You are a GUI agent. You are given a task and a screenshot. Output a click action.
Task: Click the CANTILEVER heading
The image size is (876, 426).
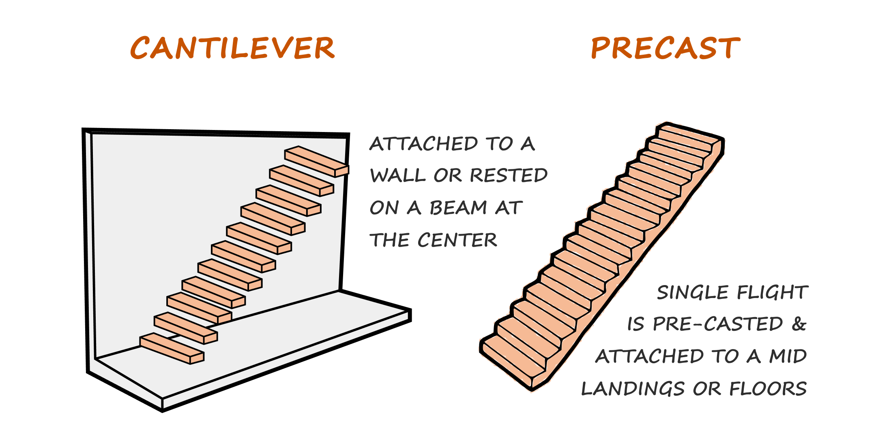click(x=232, y=48)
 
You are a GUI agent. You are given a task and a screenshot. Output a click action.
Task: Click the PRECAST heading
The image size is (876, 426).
click(x=666, y=48)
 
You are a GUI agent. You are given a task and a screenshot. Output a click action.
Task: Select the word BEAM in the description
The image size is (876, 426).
click(x=458, y=208)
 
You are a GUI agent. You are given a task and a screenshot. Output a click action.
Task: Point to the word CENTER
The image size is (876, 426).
click(x=457, y=240)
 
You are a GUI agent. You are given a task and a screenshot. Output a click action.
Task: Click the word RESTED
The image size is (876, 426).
click(x=509, y=176)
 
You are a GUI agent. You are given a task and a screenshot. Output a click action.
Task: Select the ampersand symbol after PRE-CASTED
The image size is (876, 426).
click(x=799, y=324)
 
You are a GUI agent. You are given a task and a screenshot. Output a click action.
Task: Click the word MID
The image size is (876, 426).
click(x=788, y=356)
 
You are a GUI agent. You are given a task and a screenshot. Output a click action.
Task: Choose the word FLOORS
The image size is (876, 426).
click(x=768, y=389)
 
